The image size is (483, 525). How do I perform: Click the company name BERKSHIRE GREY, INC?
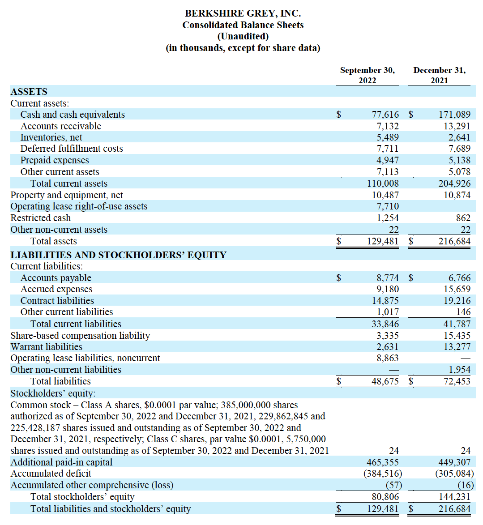point(243,13)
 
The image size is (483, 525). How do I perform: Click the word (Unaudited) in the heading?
point(243,36)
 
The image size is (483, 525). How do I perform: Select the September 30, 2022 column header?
point(367,75)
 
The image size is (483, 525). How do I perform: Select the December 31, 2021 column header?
point(439,75)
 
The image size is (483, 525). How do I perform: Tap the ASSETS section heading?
point(29,92)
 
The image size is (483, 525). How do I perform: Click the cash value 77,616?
point(385,115)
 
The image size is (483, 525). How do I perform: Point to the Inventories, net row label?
point(51,137)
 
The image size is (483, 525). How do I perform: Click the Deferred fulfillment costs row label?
point(72,149)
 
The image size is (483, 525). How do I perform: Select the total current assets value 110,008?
point(383,184)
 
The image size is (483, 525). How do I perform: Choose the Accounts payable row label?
point(56,278)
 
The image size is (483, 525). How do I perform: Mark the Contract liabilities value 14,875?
point(385,301)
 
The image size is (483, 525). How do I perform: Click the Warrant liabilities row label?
point(47,347)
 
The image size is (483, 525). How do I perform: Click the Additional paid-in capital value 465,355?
point(383,462)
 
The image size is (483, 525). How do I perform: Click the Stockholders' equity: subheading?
point(53,393)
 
